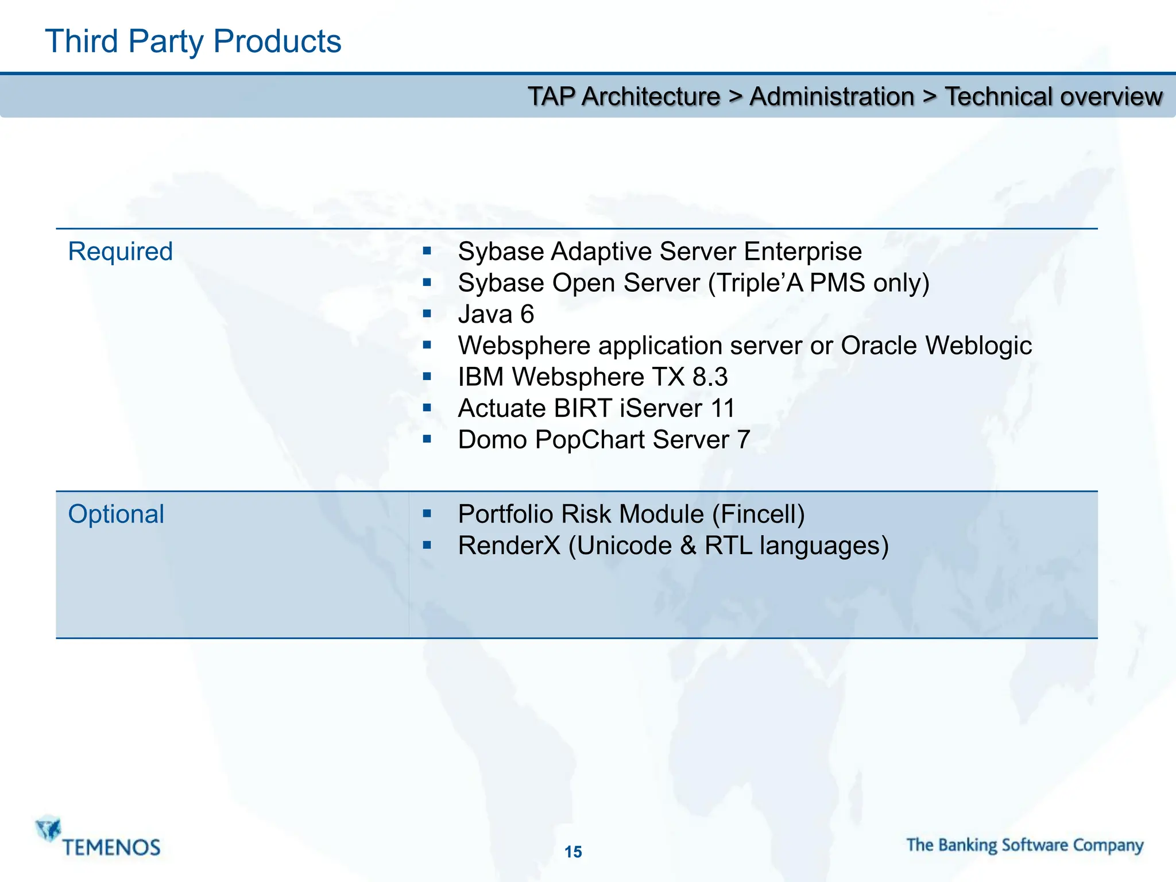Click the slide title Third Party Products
pyautogui.click(x=193, y=41)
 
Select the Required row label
pyautogui.click(x=120, y=252)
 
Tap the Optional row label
pyautogui.click(x=116, y=514)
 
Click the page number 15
pyautogui.click(x=573, y=852)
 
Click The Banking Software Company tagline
pyautogui.click(x=1025, y=845)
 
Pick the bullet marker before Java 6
pyautogui.click(x=427, y=314)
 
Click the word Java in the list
pyautogui.click(x=485, y=314)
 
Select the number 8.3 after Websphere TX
pyautogui.click(x=710, y=377)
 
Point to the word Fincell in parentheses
pyautogui.click(x=759, y=514)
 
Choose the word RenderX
pyautogui.click(x=509, y=546)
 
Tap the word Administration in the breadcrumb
pyautogui.click(x=831, y=96)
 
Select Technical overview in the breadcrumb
pyautogui.click(x=1053, y=96)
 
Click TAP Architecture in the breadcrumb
pyautogui.click(x=624, y=96)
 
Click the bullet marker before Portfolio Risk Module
pyautogui.click(x=427, y=513)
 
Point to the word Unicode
pyautogui.click(x=624, y=546)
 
